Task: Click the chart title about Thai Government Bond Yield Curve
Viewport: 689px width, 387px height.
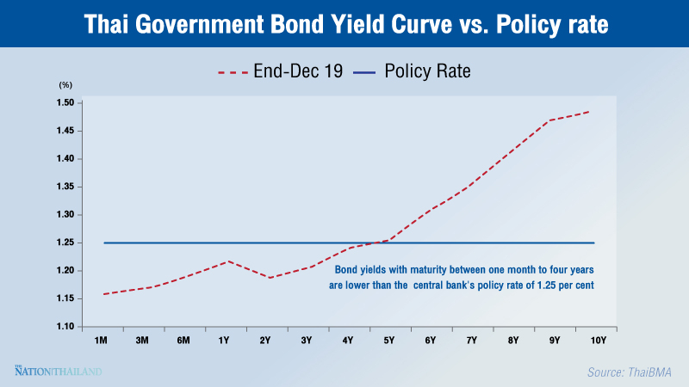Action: click(344, 25)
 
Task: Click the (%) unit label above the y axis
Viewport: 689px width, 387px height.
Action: click(66, 85)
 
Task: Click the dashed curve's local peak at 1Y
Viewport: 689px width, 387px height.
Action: click(227, 261)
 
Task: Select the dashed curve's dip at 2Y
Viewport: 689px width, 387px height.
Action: click(268, 278)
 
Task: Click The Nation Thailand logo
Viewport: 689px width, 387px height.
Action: click(58, 371)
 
